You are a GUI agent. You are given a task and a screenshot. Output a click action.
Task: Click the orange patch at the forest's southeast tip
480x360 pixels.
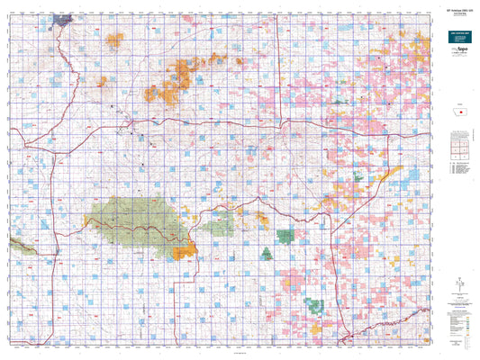click(x=186, y=252)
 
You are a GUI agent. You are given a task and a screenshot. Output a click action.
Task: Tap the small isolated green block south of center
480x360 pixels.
click(x=285, y=236)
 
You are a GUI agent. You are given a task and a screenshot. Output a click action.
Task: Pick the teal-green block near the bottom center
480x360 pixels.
click(x=313, y=305)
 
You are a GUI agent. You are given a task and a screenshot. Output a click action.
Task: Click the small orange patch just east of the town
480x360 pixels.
click(x=114, y=39)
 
